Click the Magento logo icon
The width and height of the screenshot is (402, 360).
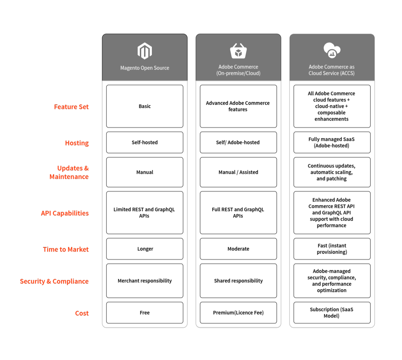[145, 51]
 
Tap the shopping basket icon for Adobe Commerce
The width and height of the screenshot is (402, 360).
[238, 51]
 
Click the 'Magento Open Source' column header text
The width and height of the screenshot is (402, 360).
[145, 68]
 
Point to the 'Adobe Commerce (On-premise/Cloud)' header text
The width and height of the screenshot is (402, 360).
[238, 70]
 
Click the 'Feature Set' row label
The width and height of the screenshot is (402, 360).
[71, 107]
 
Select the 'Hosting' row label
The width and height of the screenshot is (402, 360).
[77, 143]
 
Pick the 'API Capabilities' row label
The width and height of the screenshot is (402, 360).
[65, 213]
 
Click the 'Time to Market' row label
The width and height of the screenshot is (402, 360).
[66, 249]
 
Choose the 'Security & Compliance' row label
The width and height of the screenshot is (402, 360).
[54, 281]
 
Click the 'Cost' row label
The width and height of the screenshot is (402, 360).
[82, 313]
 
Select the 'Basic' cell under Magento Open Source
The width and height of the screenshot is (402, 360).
[145, 106]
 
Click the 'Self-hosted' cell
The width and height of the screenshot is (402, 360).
[145, 143]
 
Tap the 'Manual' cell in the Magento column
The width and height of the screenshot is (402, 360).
[145, 172]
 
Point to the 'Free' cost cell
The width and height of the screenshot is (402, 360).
[145, 313]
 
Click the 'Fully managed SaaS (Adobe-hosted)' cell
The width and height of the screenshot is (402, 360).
[332, 143]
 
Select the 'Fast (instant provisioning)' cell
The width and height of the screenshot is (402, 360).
[332, 249]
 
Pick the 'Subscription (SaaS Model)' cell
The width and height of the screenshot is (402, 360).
[332, 313]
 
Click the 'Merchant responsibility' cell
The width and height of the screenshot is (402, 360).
[145, 281]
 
